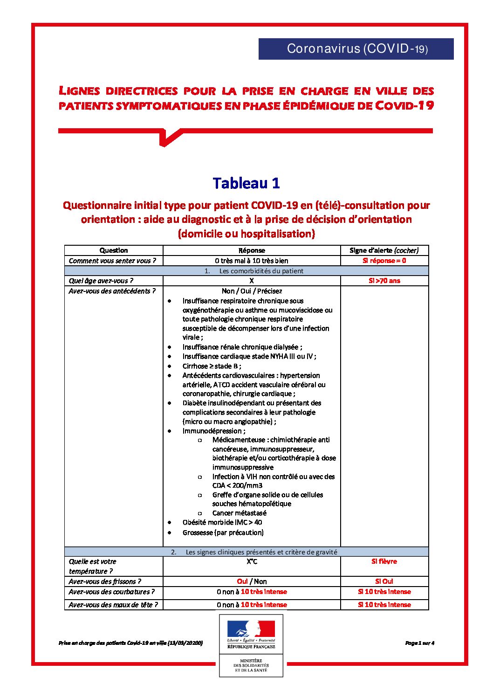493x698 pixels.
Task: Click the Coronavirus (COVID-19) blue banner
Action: pyautogui.click(x=356, y=48)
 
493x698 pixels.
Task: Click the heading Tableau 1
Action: pyautogui.click(x=246, y=183)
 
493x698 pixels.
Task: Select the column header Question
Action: pyautogui.click(x=113, y=250)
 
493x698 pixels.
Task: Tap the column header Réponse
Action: pyautogui.click(x=252, y=250)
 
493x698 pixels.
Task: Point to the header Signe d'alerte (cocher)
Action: pyautogui.click(x=384, y=250)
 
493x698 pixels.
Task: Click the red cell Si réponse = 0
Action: pyautogui.click(x=384, y=261)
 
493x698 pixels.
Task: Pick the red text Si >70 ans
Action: pyautogui.click(x=384, y=281)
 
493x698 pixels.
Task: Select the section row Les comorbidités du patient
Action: pyautogui.click(x=254, y=271)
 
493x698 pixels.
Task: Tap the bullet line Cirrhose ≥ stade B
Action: pyautogui.click(x=212, y=366)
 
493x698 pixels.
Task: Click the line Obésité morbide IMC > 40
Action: pyautogui.click(x=222, y=522)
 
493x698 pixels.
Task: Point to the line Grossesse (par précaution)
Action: pyautogui.click(x=223, y=532)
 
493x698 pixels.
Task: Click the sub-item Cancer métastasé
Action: pyautogui.click(x=239, y=513)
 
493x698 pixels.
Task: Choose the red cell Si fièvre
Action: pyautogui.click(x=384, y=561)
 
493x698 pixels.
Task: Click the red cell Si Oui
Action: pyautogui.click(x=384, y=581)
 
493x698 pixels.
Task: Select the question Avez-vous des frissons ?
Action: pyautogui.click(x=105, y=581)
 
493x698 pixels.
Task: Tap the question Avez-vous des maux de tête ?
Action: pyautogui.click(x=113, y=605)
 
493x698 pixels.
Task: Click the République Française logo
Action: pyautogui.click(x=251, y=635)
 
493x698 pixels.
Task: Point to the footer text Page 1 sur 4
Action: pyautogui.click(x=419, y=643)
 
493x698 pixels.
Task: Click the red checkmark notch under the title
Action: pyautogui.click(x=167, y=138)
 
